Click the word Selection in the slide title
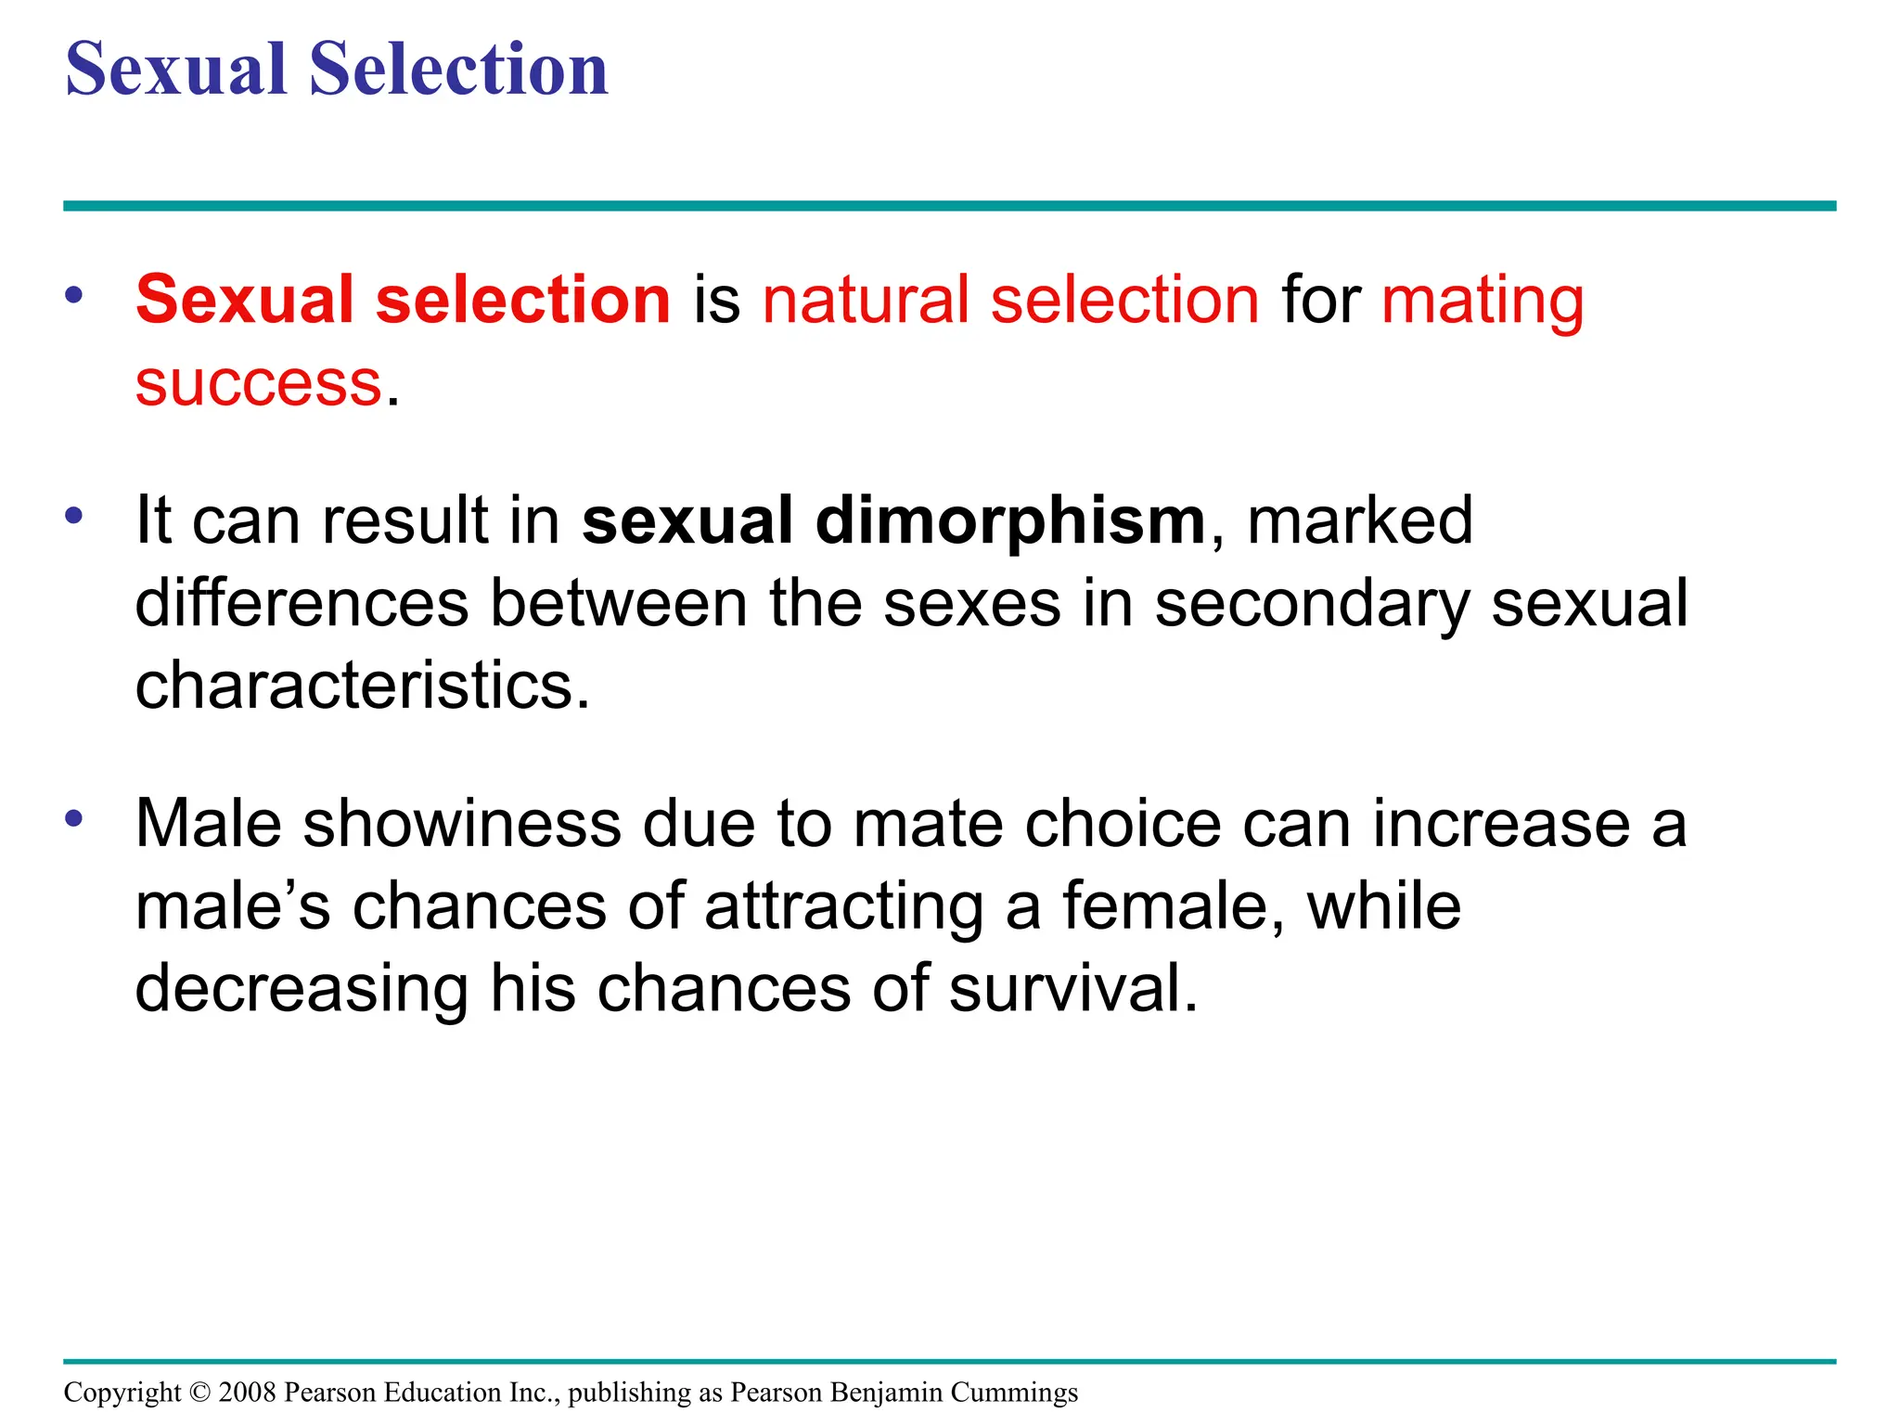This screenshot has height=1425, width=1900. coord(458,70)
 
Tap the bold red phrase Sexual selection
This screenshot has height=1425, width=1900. coord(403,300)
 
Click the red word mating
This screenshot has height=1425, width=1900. coord(1483,302)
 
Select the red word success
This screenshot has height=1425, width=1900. coord(258,383)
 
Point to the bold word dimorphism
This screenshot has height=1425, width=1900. coord(1009,520)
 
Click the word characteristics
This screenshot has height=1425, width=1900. coord(362,686)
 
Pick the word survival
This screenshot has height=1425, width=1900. coord(1073,988)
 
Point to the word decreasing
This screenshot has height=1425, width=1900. coord(302,988)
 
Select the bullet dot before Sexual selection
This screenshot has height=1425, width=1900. coord(75,295)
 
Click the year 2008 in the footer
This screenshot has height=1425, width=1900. coord(247,1393)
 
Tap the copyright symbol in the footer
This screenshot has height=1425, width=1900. coord(199,1393)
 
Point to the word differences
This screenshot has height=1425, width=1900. coord(302,604)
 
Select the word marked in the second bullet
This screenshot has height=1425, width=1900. coord(1359,520)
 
